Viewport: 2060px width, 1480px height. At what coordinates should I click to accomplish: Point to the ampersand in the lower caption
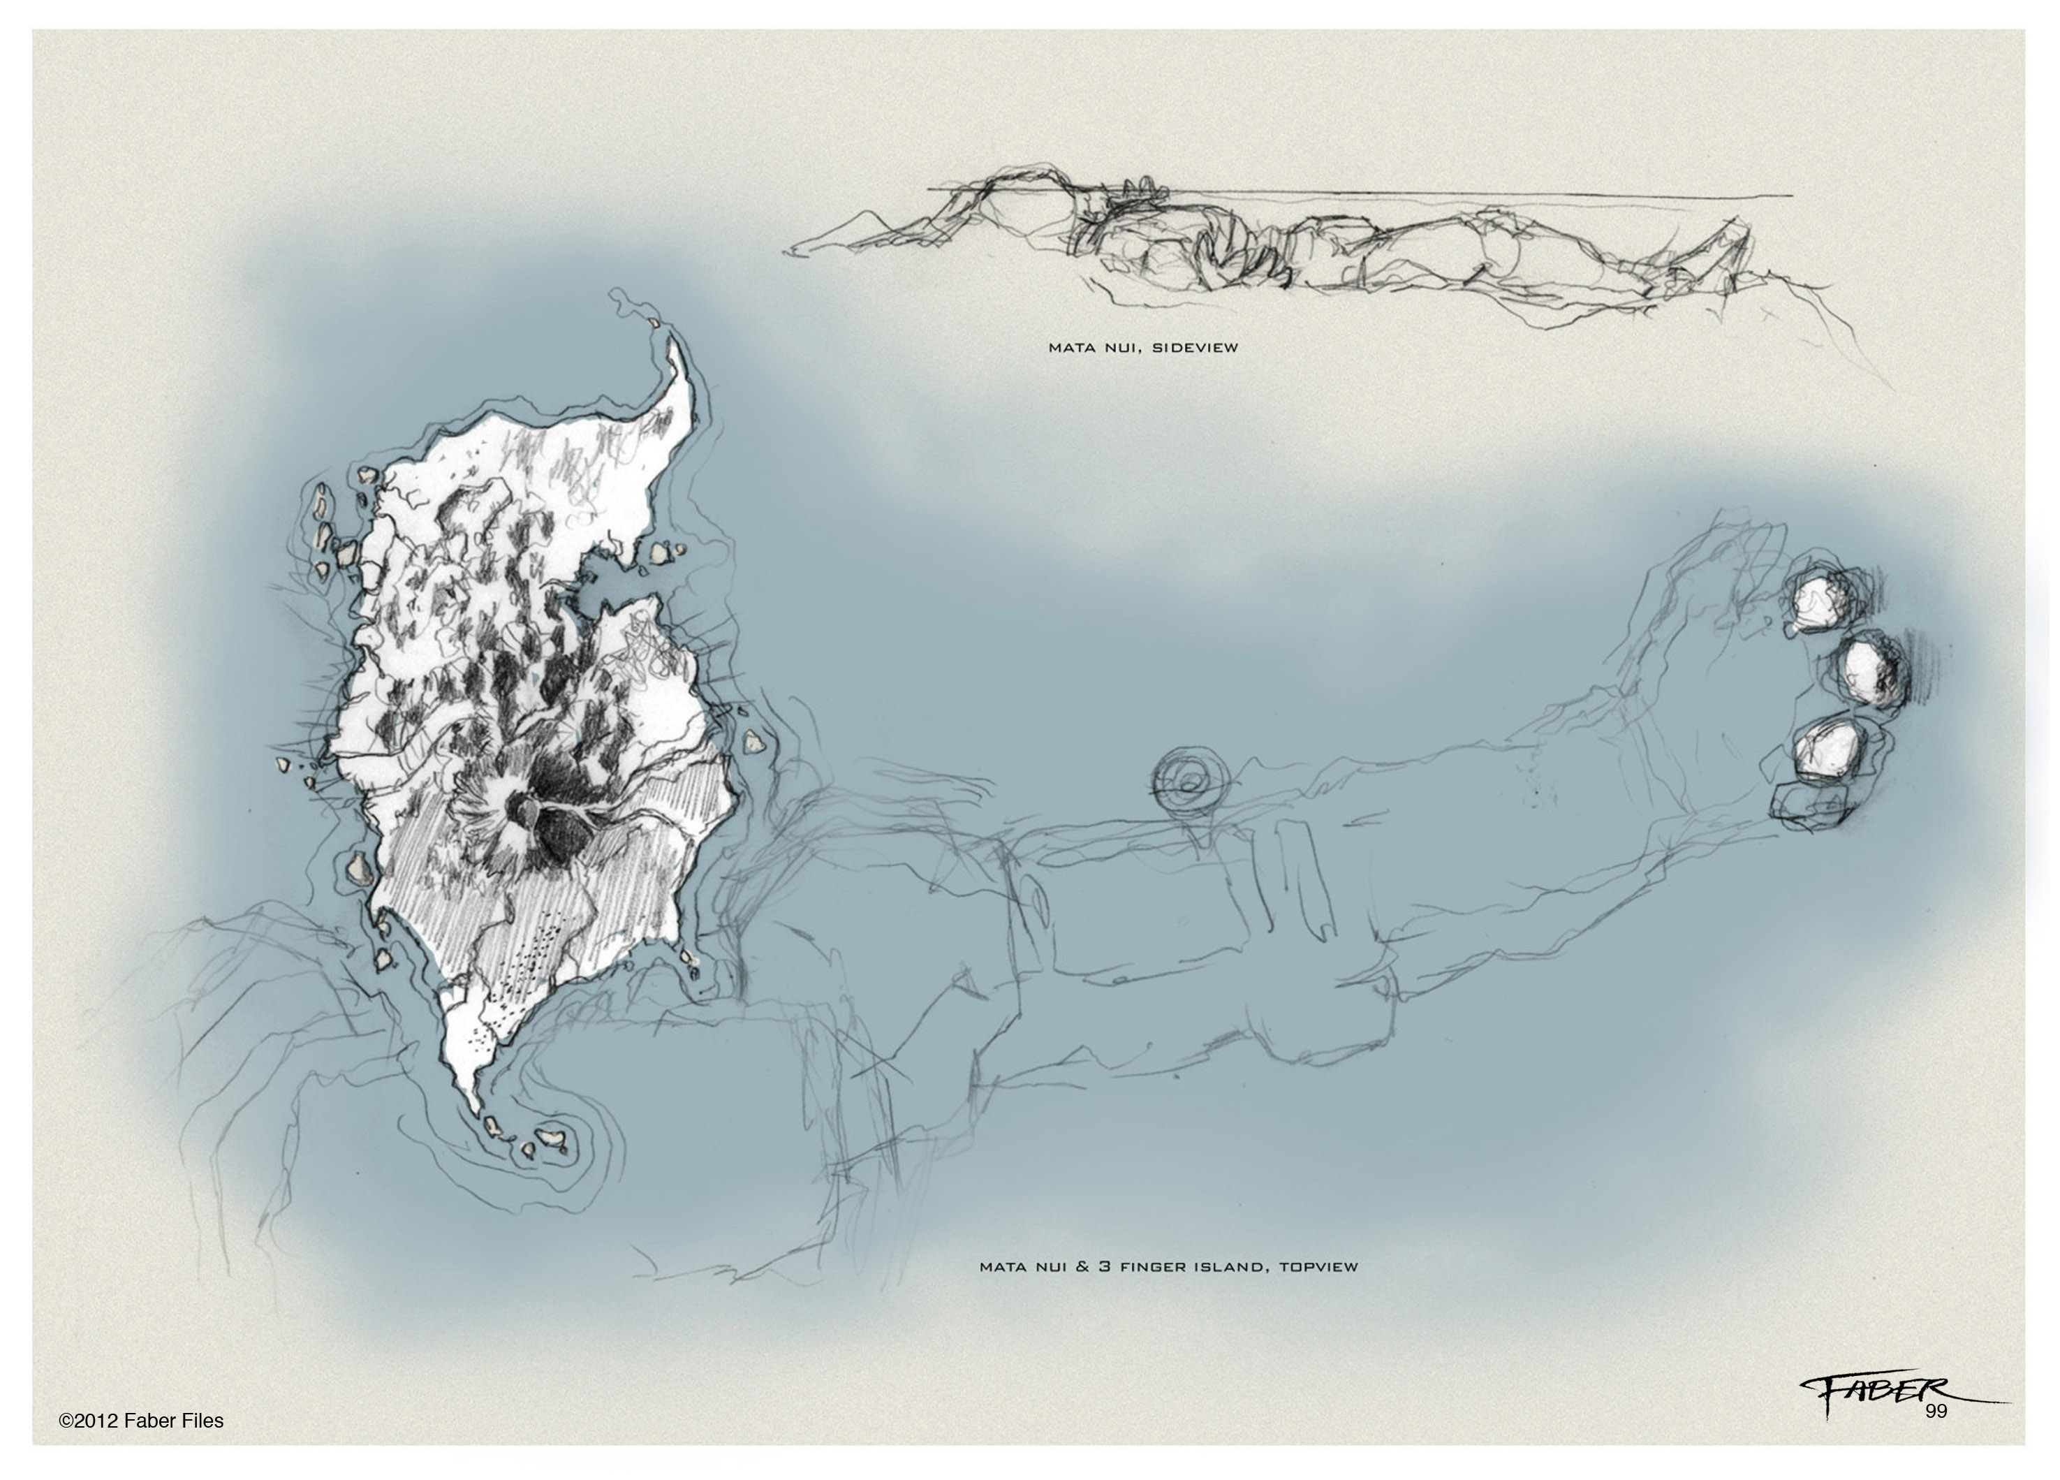coord(1082,1266)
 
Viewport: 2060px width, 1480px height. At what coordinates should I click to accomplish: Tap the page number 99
coord(1936,1411)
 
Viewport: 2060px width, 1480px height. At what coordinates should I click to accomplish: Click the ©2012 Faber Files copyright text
coord(141,1421)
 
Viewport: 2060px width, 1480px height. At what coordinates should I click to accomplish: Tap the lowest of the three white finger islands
coord(1825,750)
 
